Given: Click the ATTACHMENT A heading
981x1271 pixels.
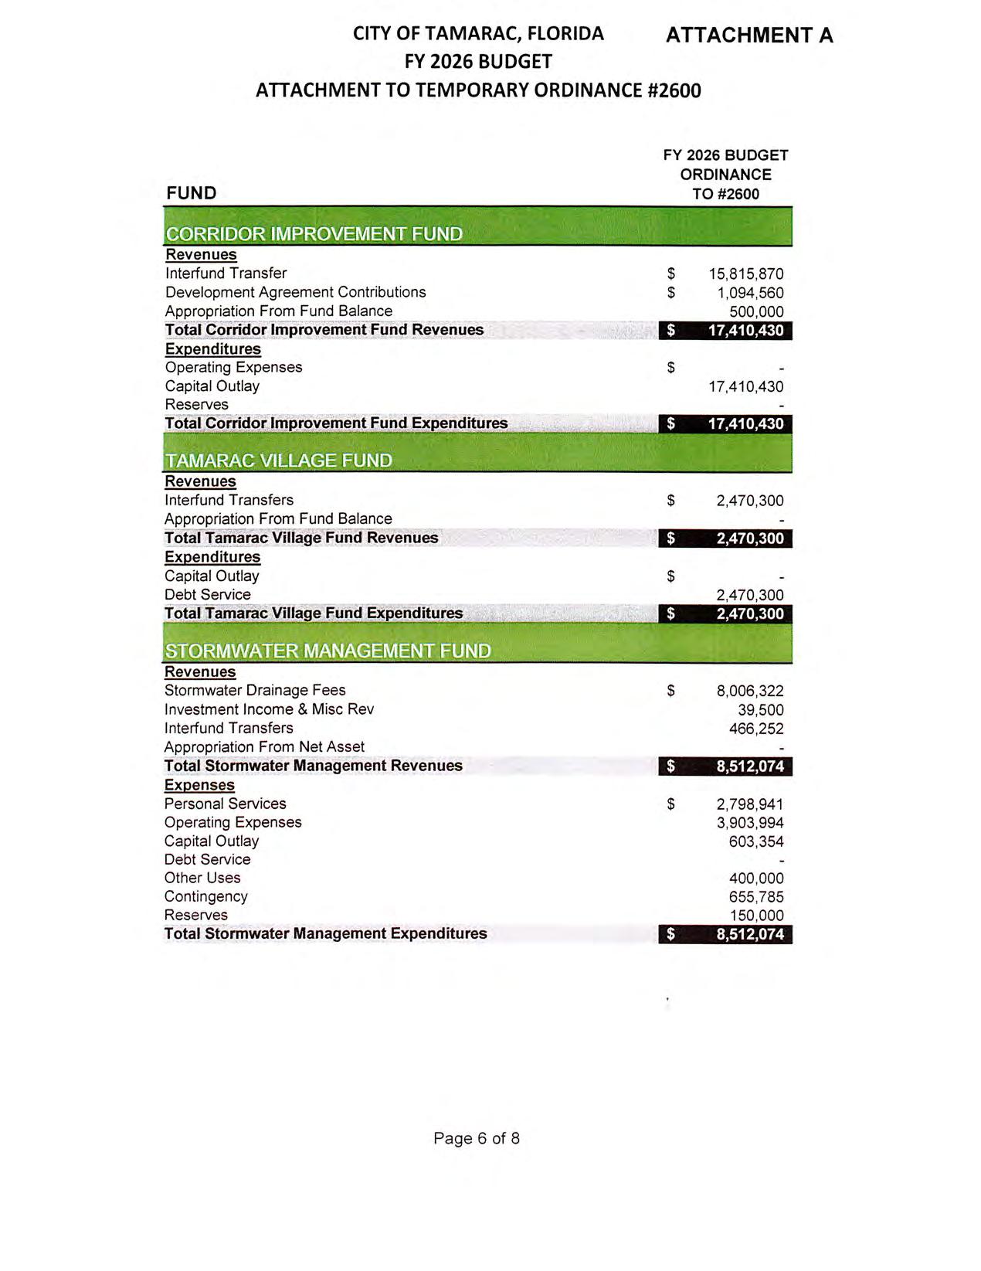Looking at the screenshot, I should (748, 36).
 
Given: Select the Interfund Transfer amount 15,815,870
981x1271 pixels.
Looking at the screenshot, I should (745, 274).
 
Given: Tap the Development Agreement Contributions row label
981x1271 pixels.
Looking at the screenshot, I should (295, 292).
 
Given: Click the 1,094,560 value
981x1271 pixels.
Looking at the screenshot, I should (750, 294).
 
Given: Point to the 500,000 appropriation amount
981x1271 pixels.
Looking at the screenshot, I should (756, 312).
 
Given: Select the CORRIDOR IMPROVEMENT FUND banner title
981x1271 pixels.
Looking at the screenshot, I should (314, 234).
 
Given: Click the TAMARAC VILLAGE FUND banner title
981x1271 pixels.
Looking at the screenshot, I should (278, 460).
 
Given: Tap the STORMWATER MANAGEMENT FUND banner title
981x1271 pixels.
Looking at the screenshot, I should (328, 651).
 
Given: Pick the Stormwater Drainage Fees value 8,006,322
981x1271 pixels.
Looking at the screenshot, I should (749, 692).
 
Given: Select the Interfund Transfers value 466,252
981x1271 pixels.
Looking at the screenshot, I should (756, 729).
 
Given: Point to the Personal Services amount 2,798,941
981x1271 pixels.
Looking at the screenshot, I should (749, 804).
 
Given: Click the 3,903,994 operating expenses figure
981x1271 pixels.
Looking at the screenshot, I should (749, 823).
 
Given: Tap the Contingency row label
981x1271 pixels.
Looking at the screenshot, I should (205, 896).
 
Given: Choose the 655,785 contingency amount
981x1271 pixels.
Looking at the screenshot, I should (756, 897).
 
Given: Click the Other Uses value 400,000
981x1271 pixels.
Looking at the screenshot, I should (756, 878).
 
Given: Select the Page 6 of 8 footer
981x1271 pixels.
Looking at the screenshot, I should (477, 1138).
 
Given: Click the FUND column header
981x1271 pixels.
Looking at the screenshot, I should (191, 193).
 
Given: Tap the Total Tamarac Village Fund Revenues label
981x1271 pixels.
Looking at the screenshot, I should (301, 538).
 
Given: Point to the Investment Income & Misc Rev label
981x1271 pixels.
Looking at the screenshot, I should (269, 709).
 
